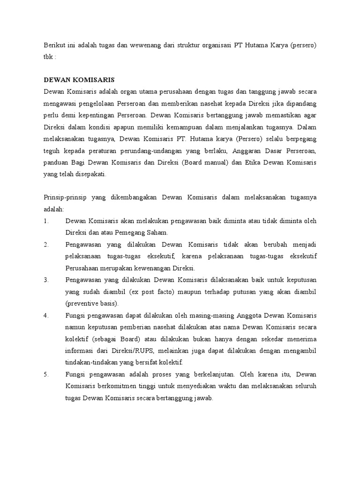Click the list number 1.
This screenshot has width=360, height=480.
(46, 221)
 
